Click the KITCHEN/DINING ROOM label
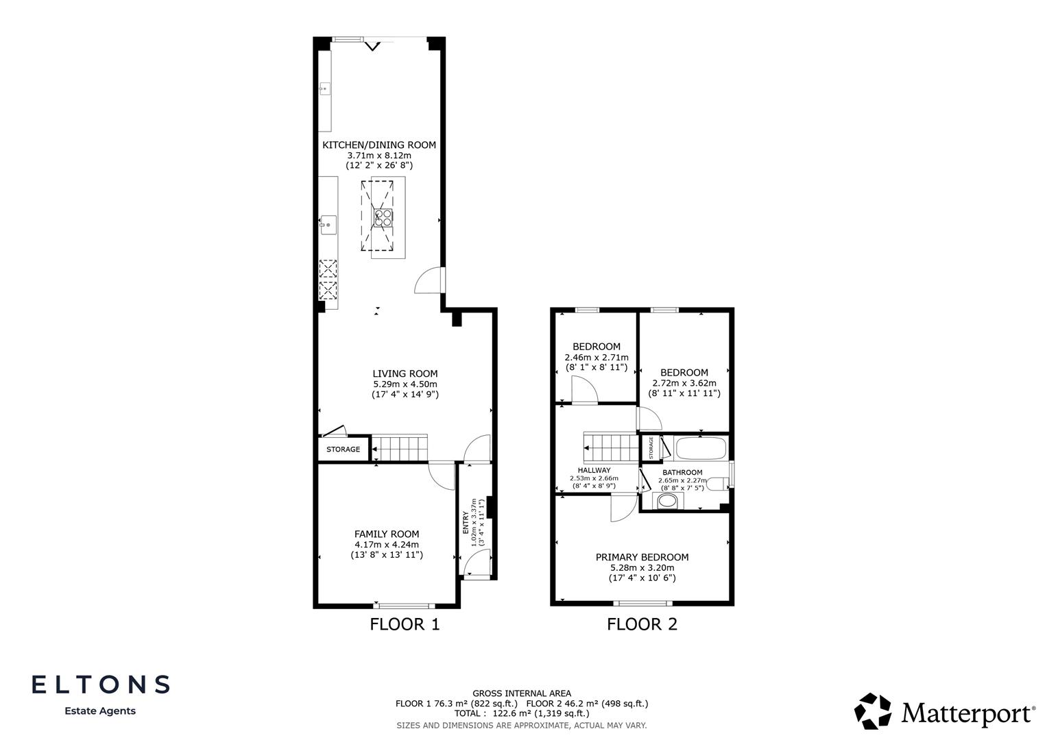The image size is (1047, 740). tap(379, 145)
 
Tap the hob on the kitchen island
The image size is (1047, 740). tap(383, 217)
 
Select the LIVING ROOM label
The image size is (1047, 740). tap(405, 373)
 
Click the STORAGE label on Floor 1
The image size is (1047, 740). tap(343, 449)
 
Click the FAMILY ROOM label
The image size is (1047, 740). tap(386, 534)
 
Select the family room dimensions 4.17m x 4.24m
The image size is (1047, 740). tap(386, 545)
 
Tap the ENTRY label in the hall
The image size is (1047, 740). tap(466, 522)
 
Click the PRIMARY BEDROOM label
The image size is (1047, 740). tap(642, 557)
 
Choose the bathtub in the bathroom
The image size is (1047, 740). tap(700, 449)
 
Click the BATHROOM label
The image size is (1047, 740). tap(682, 472)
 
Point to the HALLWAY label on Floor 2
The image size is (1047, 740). tap(594, 470)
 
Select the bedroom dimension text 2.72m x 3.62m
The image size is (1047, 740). tap(684, 383)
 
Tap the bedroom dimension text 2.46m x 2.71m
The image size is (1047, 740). tap(596, 357)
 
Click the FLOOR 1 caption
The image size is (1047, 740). tap(405, 624)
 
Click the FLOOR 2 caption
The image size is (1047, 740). tap(642, 624)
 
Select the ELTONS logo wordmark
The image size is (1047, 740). tap(101, 684)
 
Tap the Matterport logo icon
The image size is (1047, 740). tap(873, 711)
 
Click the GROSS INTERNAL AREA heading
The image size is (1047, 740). tap(521, 693)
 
